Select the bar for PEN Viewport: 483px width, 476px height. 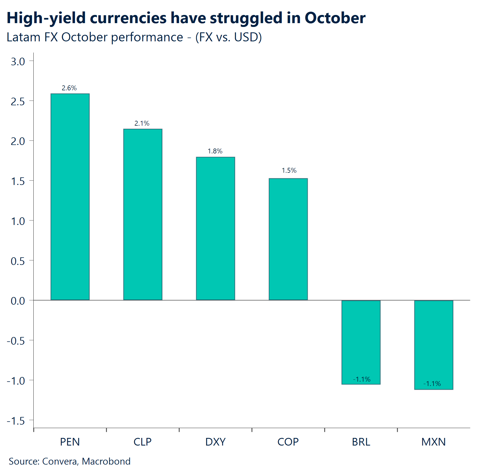pyautogui.click(x=70, y=197)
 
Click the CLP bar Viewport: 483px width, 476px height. pyautogui.click(x=143, y=214)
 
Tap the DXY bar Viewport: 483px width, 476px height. pyautogui.click(x=215, y=228)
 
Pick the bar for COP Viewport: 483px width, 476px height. pyautogui.click(x=288, y=239)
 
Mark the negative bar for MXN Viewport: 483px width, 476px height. pyautogui.click(x=434, y=343)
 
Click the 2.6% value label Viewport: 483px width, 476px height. pyautogui.click(x=69, y=88)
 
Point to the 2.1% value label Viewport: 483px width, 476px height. pyautogui.click(x=142, y=123)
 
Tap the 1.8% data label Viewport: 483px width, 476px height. pyautogui.click(x=215, y=151)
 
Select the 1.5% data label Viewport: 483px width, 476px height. pyautogui.click(x=289, y=171)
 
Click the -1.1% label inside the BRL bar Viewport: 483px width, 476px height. pyautogui.click(x=362, y=379)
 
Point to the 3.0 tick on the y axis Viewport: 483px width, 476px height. pyautogui.click(x=18, y=62)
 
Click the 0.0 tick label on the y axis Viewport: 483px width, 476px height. pyautogui.click(x=18, y=301)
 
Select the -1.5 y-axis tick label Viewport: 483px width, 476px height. pyautogui.click(x=16, y=421)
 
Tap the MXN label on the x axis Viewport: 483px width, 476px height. pyautogui.click(x=433, y=442)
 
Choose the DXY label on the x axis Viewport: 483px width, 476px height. pyautogui.click(x=215, y=442)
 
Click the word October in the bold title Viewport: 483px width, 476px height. pyautogui.click(x=335, y=18)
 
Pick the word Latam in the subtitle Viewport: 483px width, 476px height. pyautogui.click(x=23, y=37)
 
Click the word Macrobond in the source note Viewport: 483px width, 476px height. pyautogui.click(x=106, y=461)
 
